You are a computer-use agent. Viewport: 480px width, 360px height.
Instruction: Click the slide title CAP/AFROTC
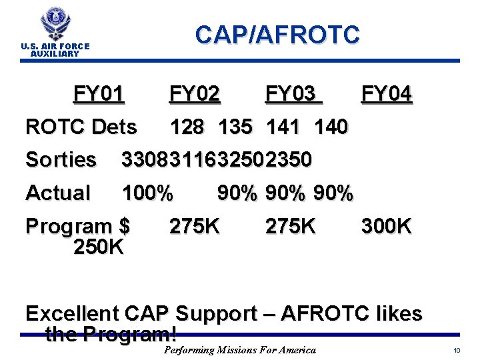[277, 34]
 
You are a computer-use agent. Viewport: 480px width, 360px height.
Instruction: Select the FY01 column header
[99, 95]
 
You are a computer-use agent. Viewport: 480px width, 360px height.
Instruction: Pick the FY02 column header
[195, 95]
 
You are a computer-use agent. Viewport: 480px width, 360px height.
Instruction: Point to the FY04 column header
[387, 95]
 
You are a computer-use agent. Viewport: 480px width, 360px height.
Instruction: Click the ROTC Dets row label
[81, 127]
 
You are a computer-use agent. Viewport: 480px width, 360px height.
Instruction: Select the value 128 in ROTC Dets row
[187, 127]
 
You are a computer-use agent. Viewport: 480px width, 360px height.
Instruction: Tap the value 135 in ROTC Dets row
[234, 127]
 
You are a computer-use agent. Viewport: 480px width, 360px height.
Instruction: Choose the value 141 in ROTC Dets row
[283, 127]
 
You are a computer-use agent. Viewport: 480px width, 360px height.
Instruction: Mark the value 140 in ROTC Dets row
[331, 127]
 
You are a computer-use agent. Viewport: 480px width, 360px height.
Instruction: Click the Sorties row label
[61, 160]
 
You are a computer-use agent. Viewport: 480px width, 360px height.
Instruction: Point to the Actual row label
[57, 193]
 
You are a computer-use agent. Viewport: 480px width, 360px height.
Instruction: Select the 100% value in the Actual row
[147, 193]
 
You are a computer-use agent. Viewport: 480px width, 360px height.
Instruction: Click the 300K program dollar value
[387, 227]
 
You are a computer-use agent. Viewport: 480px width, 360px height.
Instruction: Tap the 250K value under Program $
[99, 247]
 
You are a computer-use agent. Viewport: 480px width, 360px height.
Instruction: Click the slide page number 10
[457, 351]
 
